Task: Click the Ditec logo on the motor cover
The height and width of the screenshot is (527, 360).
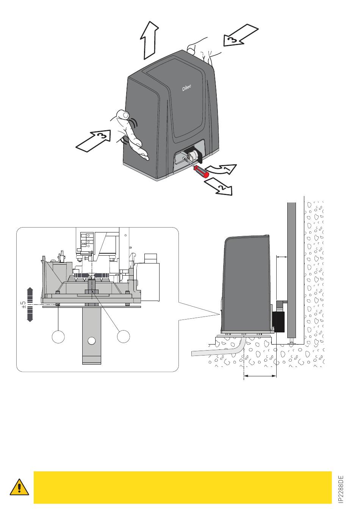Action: pyautogui.click(x=186, y=87)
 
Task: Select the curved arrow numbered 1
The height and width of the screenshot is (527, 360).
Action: pyautogui.click(x=224, y=170)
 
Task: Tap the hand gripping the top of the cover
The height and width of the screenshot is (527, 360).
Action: pyautogui.click(x=201, y=51)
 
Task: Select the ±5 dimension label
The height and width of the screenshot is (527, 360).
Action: pyautogui.click(x=23, y=305)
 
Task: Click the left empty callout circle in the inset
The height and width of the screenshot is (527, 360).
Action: pyautogui.click(x=58, y=337)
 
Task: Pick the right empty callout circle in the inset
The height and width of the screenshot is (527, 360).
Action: pyautogui.click(x=124, y=336)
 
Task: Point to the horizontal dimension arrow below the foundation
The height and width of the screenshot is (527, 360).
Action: pyautogui.click(x=260, y=376)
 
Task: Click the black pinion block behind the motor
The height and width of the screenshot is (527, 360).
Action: pyautogui.click(x=278, y=321)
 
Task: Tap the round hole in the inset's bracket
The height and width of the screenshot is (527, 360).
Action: pyautogui.click(x=91, y=340)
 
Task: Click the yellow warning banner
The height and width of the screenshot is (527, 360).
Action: pyautogui.click(x=182, y=487)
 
